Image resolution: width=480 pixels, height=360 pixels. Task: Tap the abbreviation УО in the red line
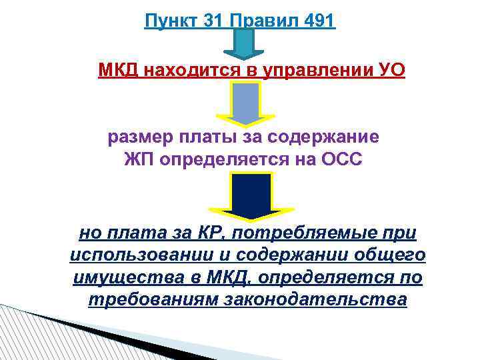[x=389, y=70]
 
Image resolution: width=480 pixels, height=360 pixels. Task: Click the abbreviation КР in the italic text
[x=205, y=234]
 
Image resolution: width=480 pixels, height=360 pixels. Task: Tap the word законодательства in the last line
[x=318, y=300]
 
